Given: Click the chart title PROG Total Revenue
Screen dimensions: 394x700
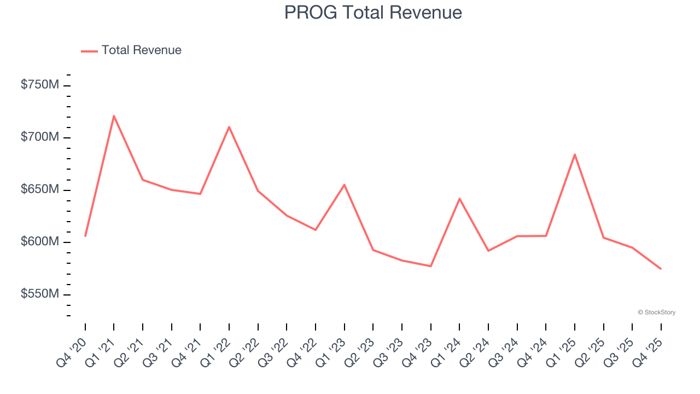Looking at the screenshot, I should coord(373,13).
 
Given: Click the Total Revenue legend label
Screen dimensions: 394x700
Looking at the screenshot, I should coord(141,50).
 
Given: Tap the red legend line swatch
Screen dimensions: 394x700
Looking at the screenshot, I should coord(89,51).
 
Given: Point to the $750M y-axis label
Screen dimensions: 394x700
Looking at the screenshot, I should coord(40,85).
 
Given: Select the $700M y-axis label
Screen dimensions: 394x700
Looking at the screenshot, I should coord(40,137).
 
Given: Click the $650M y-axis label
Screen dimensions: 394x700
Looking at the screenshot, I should coord(40,189).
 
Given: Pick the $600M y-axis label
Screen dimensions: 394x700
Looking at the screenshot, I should coord(40,241).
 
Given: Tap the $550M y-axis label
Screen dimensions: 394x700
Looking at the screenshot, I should coord(40,294).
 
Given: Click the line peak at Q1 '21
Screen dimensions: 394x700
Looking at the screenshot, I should coord(114,115).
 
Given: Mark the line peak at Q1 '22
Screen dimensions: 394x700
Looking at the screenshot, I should coord(229,126).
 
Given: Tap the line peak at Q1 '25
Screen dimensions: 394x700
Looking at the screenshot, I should coord(574,154).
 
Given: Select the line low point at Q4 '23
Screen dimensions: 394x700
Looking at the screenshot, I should coord(430,266).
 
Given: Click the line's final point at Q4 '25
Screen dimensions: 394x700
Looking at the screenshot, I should coord(661,269).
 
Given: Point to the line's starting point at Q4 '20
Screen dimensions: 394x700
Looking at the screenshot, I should coord(85,236).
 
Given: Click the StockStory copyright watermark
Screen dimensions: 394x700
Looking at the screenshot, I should coord(656,312).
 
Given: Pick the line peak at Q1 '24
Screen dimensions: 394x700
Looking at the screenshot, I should coord(459,198).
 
